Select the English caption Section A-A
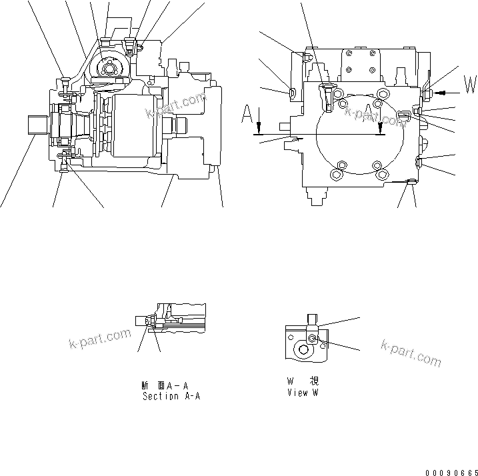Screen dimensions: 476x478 click(171, 396)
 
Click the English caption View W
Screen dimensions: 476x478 click(302, 393)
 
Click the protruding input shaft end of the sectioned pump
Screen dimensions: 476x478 click(37, 126)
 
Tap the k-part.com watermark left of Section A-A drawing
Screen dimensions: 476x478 click(100, 339)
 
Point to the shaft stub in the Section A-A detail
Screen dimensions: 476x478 click(141, 321)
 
